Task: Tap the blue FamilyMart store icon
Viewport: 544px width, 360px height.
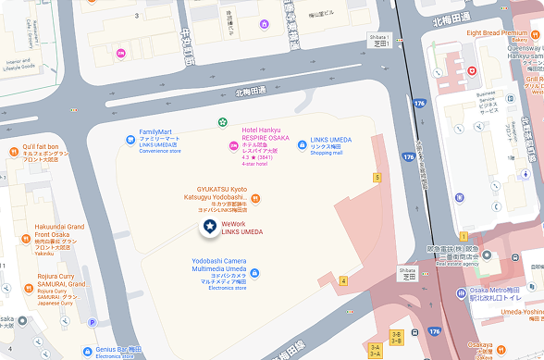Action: pyautogui.click(x=130, y=140)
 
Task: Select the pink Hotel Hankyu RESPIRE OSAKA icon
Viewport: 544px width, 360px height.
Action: pyautogui.click(x=233, y=145)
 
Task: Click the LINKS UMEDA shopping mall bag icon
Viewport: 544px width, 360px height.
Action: pyautogui.click(x=302, y=144)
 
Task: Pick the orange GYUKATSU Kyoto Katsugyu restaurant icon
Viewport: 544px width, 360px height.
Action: pyautogui.click(x=255, y=197)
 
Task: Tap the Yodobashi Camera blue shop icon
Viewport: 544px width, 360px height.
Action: pyautogui.click(x=254, y=272)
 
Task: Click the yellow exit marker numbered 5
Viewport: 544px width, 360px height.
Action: pyautogui.click(x=377, y=176)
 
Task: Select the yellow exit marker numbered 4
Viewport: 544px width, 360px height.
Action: pyautogui.click(x=343, y=280)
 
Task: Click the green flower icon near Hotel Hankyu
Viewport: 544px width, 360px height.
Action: pyautogui.click(x=222, y=121)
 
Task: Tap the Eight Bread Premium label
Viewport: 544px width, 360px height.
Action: pyautogui.click(x=502, y=33)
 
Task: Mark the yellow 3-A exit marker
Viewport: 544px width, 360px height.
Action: pyautogui.click(x=374, y=349)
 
